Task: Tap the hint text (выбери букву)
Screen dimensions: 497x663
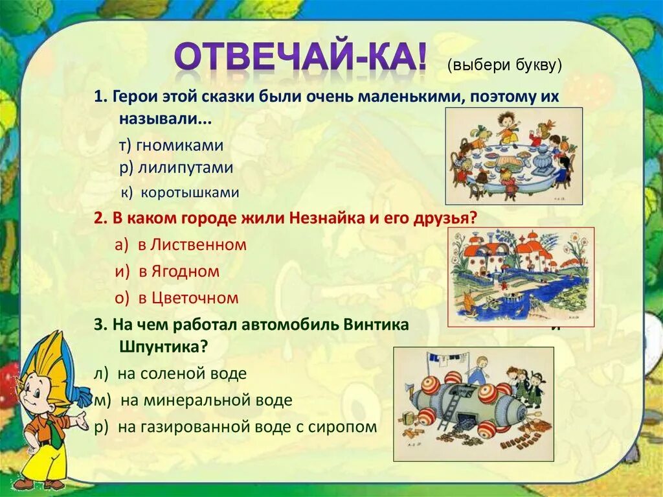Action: (504, 65)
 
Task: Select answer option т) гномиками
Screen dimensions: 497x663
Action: (171, 144)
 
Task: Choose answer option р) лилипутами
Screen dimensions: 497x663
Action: (175, 167)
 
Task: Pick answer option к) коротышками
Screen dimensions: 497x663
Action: (181, 192)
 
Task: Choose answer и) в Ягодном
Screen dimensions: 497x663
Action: (167, 272)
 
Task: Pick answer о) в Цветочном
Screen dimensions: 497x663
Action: (177, 298)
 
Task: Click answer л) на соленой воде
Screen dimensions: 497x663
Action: (170, 373)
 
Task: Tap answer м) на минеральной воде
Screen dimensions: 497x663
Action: (193, 400)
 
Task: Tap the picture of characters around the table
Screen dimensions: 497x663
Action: (513, 156)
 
